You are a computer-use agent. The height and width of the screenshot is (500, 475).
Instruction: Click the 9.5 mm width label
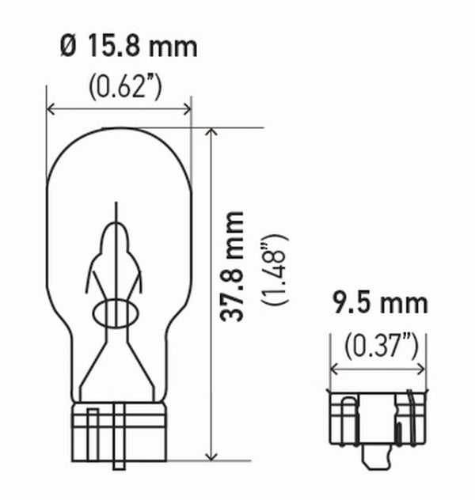[379, 304]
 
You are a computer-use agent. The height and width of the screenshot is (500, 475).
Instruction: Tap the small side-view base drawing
[378, 423]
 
